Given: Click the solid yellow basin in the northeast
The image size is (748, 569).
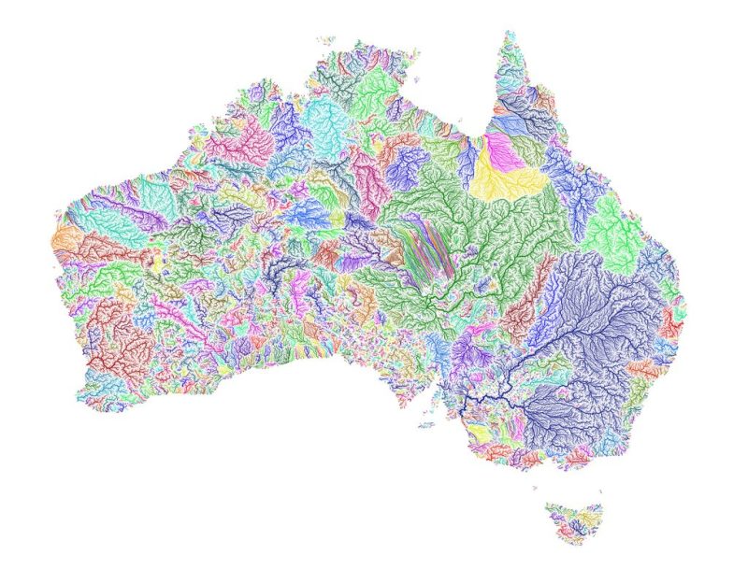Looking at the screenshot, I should [510, 178].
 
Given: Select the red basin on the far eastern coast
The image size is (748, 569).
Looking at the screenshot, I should [670, 322].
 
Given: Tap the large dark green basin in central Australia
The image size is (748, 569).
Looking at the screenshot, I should [486, 234].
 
